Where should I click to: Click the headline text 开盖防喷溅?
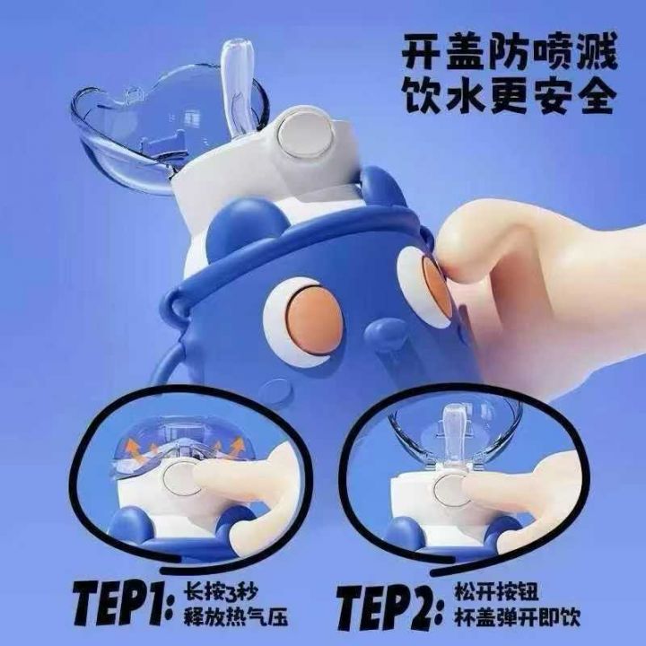pos(510,52)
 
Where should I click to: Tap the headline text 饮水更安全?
pos(510,96)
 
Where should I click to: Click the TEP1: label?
pos(123,607)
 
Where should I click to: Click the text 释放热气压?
pos(235,617)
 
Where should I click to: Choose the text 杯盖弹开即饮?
pos(517,617)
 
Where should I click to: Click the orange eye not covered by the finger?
pos(314,321)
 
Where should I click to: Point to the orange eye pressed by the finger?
pos(436,287)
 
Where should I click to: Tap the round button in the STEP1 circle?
pos(181,479)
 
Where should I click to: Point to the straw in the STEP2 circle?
pos(452,432)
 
